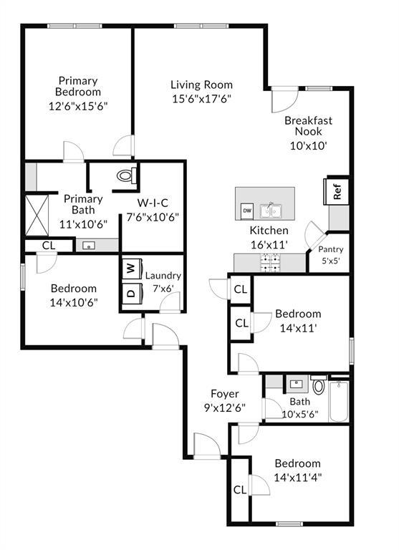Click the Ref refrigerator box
pos(337,191)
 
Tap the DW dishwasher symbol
pos(246,211)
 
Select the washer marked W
pos(131,268)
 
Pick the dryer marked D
pos(131,293)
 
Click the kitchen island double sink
pos(270,211)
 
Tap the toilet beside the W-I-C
pos(126,174)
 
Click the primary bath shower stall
pos(37,213)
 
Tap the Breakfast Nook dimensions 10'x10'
pos(308,145)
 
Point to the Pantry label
pos(330,249)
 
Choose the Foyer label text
pos(224,394)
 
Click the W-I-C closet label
pos(152,203)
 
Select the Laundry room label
pos(163,276)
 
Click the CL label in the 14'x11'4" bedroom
pos(240,490)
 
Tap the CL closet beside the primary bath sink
pos(48,245)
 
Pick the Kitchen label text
pos(269,231)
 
